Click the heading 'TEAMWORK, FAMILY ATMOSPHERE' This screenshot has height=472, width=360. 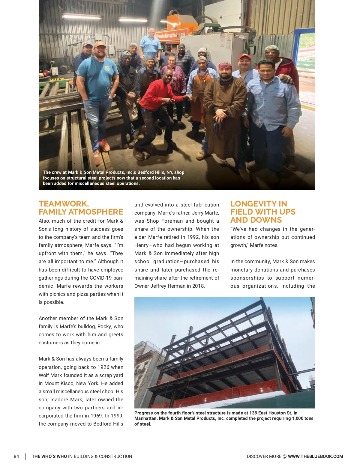(x=81, y=208)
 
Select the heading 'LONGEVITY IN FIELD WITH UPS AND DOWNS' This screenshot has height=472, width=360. (x=263, y=212)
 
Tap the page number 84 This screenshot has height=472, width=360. (x=16, y=456)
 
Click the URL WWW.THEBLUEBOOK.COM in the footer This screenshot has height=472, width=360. (x=315, y=456)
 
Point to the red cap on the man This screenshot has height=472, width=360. (x=244, y=56)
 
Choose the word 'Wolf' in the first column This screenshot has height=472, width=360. (x=45, y=375)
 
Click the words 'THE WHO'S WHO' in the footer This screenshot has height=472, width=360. (x=49, y=456)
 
